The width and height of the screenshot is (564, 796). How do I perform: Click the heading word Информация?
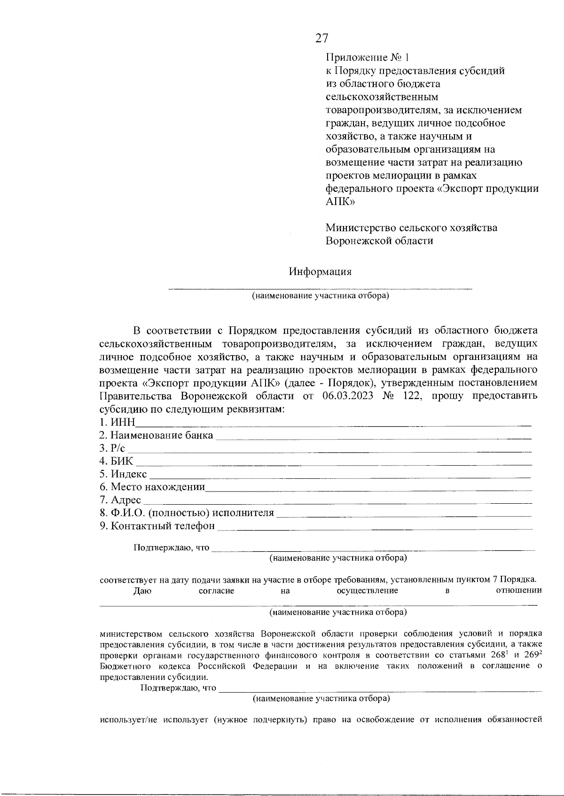tap(320, 272)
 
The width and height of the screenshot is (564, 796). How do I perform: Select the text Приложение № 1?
tap(368, 58)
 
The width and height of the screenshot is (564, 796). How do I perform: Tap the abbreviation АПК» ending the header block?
tap(340, 202)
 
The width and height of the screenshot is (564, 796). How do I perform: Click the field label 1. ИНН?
tap(117, 422)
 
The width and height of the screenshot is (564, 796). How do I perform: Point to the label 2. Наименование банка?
tap(156, 435)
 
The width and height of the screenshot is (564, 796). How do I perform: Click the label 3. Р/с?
tap(112, 448)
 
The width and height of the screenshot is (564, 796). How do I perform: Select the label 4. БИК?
tap(116, 461)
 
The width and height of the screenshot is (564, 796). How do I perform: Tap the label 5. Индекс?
tap(123, 474)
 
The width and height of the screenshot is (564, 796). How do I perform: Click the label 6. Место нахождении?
tap(152, 487)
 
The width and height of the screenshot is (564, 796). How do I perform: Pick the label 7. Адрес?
tap(120, 500)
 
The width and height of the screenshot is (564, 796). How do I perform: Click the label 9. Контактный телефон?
tap(157, 526)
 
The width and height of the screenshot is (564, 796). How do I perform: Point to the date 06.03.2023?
tap(348, 396)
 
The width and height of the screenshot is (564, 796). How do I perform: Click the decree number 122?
tap(412, 396)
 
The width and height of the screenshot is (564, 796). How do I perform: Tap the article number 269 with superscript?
tap(532, 656)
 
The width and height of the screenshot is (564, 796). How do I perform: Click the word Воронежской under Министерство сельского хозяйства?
tap(360, 241)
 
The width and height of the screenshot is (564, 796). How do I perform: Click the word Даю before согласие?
tap(142, 591)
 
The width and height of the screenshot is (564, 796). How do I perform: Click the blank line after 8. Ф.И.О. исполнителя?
tap(404, 514)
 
